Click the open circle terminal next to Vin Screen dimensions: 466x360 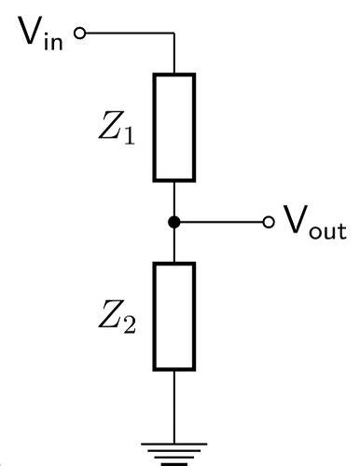pyautogui.click(x=79, y=34)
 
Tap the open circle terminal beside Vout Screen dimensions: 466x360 pyautogui.click(x=270, y=222)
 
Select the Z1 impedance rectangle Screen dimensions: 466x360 pyautogui.click(x=174, y=127)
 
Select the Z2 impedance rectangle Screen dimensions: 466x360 pyautogui.click(x=174, y=316)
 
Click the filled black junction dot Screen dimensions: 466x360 pyautogui.click(x=174, y=222)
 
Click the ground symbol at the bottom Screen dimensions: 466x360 pyautogui.click(x=174, y=454)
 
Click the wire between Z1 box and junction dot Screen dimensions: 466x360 pyautogui.click(x=174, y=198)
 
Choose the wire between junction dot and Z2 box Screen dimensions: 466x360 pyautogui.click(x=174, y=244)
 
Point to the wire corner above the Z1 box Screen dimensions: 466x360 pyautogui.click(x=174, y=34)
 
